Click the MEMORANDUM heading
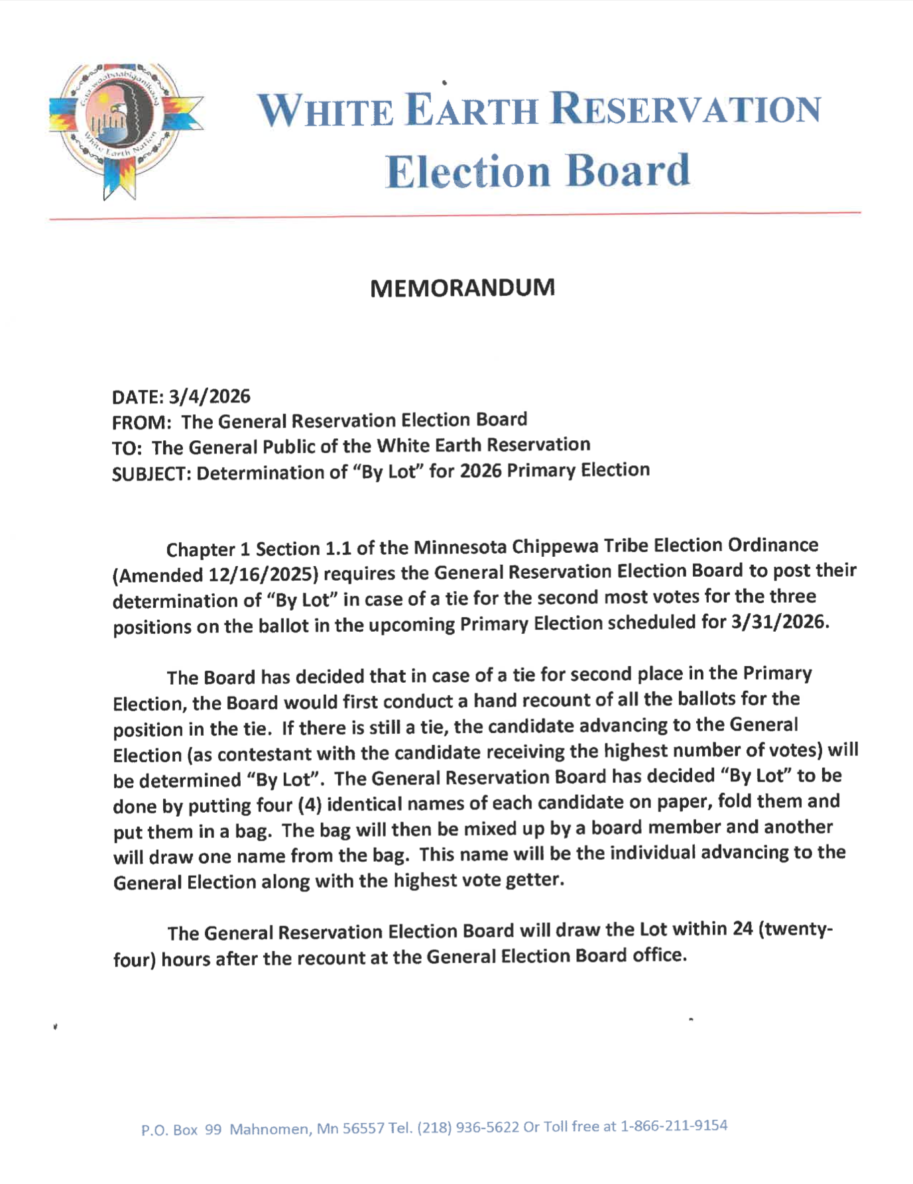462,288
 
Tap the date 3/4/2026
209,396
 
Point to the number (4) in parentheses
310,805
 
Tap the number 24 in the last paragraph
742,928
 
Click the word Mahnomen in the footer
269,1129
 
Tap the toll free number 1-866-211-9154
673,1125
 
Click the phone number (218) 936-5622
467,1127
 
